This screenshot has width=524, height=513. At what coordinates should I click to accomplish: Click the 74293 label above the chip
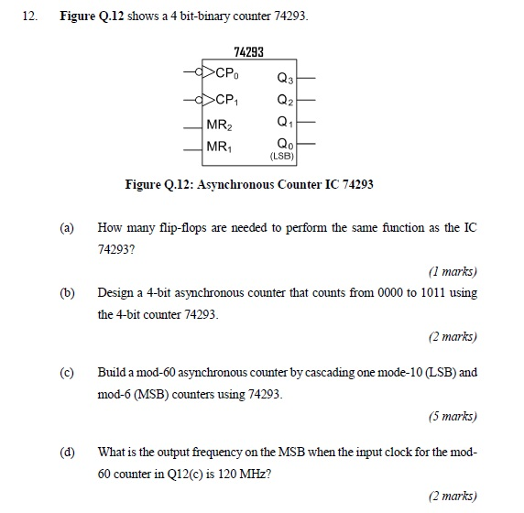[248, 53]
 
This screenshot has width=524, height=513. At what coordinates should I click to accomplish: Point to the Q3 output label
[284, 76]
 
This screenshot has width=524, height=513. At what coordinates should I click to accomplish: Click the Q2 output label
[284, 99]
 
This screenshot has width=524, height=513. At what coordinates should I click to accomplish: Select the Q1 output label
[284, 121]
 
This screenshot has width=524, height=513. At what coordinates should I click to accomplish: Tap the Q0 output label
[284, 144]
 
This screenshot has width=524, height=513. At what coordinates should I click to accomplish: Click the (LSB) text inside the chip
[281, 156]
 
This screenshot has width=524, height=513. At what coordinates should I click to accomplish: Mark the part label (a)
[66, 227]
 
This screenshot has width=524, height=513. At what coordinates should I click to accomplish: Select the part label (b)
[66, 293]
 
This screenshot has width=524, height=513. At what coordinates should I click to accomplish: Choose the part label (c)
[66, 374]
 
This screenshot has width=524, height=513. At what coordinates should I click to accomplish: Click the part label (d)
[66, 453]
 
